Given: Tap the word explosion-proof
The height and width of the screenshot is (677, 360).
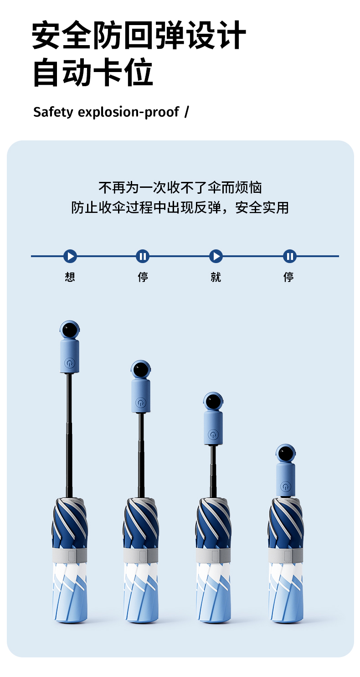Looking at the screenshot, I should (x=129, y=112).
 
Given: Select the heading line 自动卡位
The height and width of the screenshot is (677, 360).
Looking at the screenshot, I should (x=93, y=73).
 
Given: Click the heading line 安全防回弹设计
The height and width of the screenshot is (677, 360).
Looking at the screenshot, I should (x=139, y=36).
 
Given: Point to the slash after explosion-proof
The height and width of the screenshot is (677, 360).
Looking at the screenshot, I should (x=186, y=112).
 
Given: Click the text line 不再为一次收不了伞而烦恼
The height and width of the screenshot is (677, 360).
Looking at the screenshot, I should (x=180, y=187).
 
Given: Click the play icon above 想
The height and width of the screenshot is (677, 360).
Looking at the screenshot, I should (x=70, y=256).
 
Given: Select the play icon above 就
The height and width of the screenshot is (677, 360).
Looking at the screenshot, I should (x=216, y=256).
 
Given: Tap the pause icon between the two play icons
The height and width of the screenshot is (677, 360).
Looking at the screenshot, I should (x=143, y=256).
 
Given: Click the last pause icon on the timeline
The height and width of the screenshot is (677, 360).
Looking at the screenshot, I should (x=289, y=256).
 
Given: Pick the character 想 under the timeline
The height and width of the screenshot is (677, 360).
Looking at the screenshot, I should (x=70, y=277).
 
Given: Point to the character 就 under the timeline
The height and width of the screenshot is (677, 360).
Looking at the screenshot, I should (x=216, y=277).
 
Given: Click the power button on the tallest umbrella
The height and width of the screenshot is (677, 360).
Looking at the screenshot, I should (x=69, y=363).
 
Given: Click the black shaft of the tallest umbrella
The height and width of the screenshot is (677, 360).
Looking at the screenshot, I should (x=69, y=433).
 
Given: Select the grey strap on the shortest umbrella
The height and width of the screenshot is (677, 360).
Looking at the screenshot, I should (x=286, y=555).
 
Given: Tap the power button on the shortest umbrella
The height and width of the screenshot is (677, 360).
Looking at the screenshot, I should (x=286, y=487).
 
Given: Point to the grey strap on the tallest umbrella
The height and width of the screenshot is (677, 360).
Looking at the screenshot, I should (x=69, y=555).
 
